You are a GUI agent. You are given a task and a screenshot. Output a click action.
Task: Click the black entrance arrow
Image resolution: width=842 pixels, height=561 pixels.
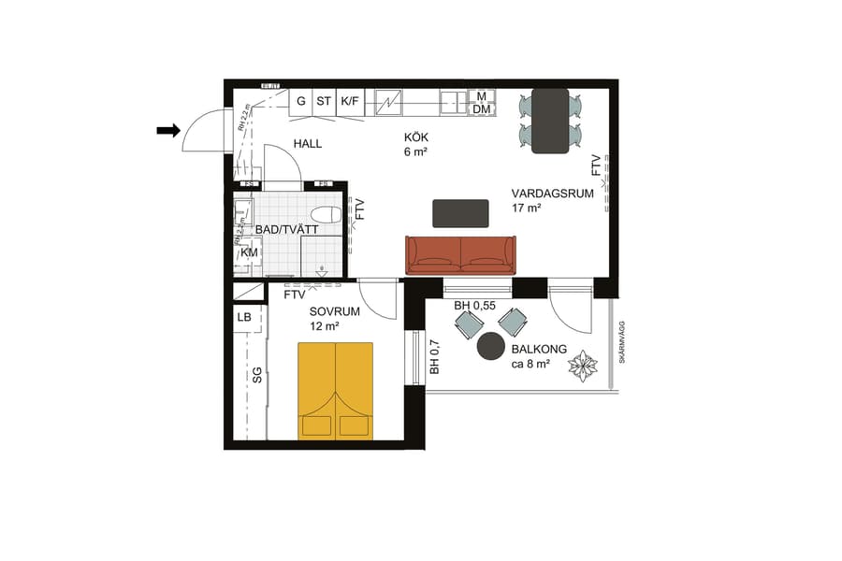tap(167, 131)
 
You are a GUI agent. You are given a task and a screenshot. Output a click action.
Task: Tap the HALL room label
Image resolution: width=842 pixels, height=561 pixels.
tap(308, 144)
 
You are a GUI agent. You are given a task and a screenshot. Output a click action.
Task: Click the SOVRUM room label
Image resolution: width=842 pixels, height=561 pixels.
tap(328, 312)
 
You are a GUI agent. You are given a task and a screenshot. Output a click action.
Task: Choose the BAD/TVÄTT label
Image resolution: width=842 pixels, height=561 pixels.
tap(287, 229)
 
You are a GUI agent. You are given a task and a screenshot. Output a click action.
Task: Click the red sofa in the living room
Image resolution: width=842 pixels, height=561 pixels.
tap(460, 254)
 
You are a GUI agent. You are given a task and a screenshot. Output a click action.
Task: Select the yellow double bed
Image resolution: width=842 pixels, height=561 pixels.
tap(335, 390)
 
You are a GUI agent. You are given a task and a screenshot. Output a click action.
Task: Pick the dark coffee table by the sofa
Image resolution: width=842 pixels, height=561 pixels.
tap(460, 213)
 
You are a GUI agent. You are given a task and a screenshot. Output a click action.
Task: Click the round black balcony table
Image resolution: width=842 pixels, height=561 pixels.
tap(490, 348)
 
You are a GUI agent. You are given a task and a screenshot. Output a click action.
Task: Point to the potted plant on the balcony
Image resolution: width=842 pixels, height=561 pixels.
tap(584, 365)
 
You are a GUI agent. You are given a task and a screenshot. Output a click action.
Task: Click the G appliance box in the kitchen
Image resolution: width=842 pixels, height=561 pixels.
tap(301, 100)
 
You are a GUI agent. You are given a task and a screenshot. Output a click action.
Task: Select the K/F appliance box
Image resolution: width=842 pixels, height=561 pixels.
tap(350, 100)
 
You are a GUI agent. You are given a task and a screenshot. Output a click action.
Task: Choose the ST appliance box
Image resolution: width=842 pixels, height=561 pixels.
tap(324, 100)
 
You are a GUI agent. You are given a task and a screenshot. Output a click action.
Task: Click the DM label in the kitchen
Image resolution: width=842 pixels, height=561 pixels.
tap(482, 109)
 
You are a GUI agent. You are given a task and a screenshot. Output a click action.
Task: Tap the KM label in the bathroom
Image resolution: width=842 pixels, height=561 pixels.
tap(249, 252)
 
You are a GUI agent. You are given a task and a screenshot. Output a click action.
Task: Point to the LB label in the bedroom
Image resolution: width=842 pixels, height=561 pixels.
tap(244, 318)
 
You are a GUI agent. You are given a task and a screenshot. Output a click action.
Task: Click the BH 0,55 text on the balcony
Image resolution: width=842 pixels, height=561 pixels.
tap(474, 306)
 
